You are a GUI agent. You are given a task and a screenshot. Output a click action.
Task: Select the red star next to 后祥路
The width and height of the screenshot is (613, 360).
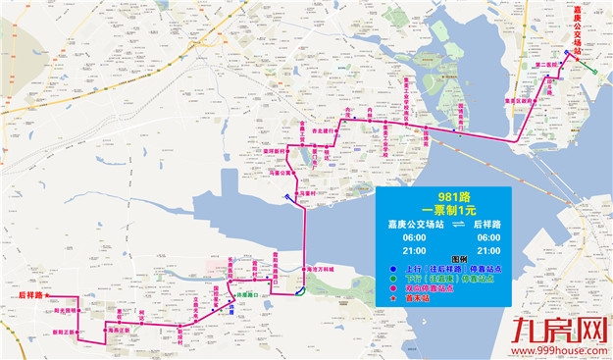click(47, 294)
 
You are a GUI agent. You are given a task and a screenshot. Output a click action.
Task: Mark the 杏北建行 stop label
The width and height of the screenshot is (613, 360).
click(324, 130)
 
